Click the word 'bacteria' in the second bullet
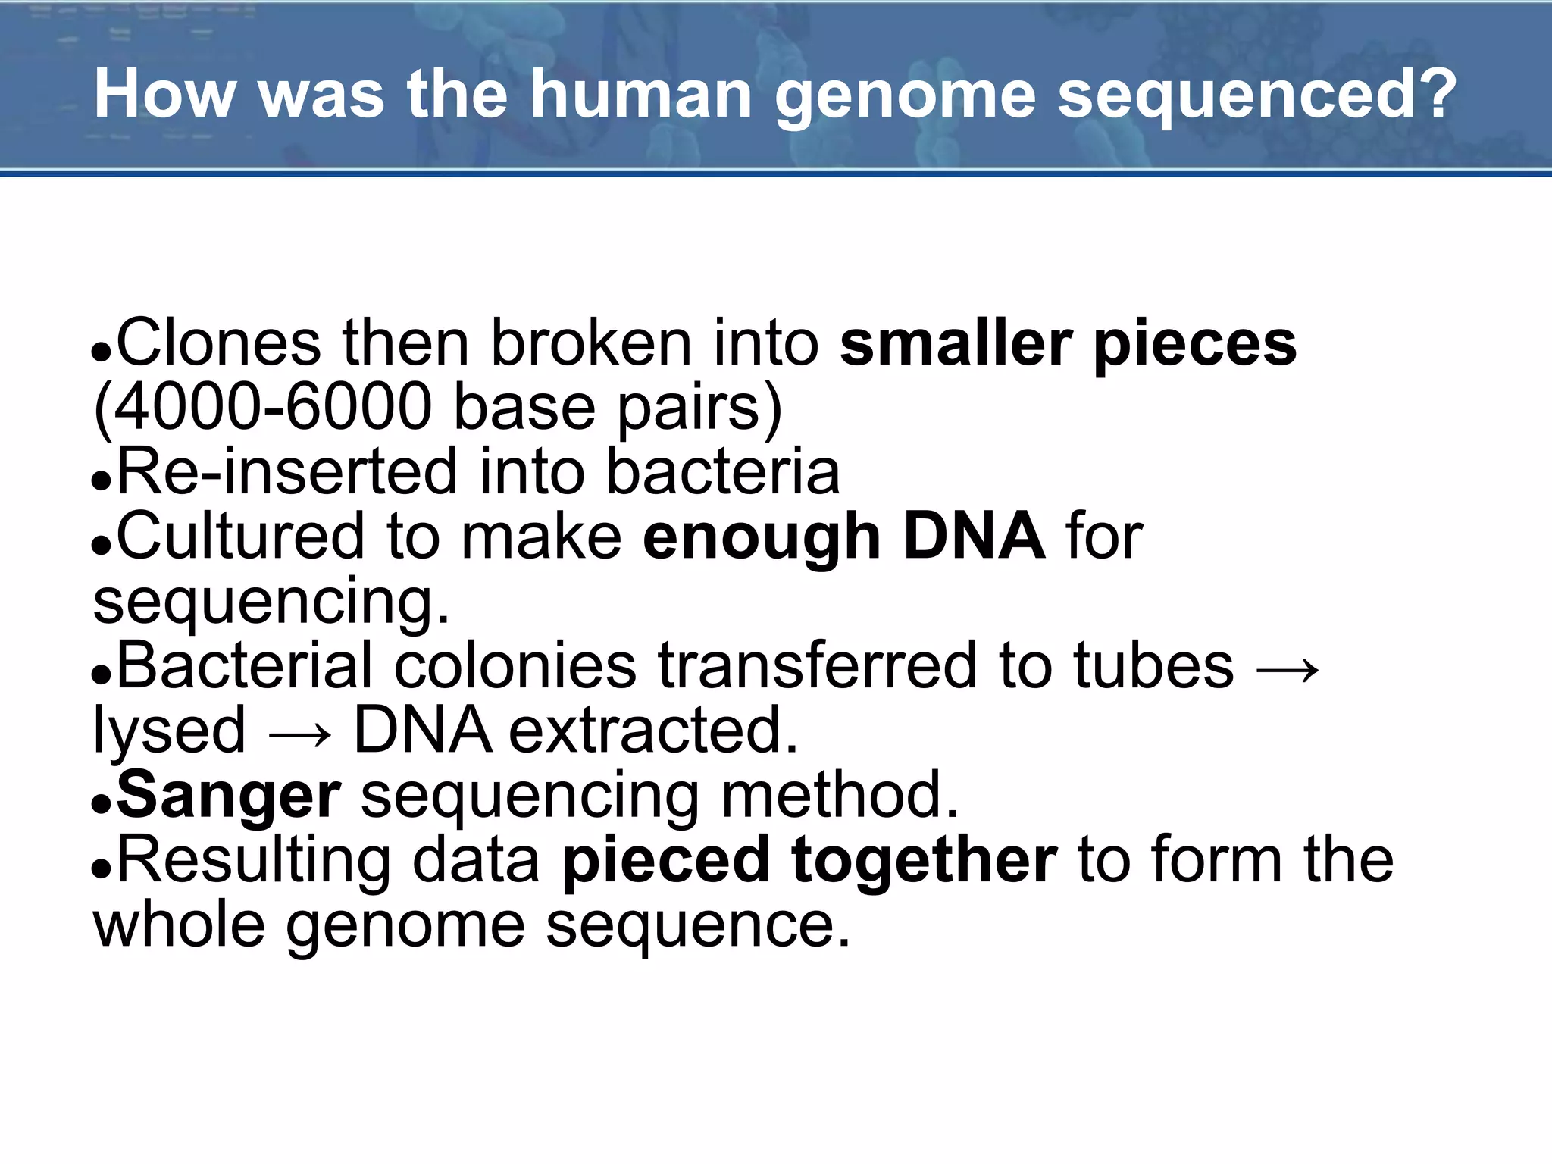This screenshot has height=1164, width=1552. (723, 472)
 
